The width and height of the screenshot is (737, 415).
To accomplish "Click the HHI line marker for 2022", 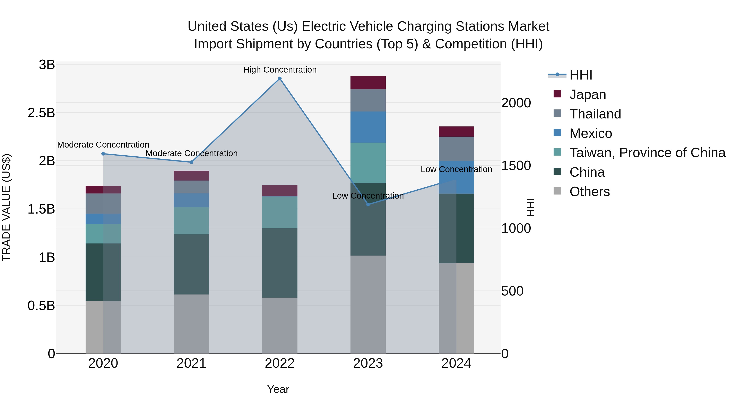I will click(280, 78).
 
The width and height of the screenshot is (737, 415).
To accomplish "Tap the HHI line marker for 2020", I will click(103, 154).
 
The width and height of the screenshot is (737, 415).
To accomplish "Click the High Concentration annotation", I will click(280, 70).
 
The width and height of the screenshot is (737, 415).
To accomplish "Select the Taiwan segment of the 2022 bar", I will click(280, 212).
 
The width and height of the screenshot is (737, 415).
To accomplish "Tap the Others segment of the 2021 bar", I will click(191, 324).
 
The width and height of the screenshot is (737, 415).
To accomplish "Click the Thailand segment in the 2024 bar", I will click(456, 149).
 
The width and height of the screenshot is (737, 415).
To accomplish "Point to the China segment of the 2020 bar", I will click(103, 272).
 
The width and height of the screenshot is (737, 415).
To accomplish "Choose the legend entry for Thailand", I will click(595, 114).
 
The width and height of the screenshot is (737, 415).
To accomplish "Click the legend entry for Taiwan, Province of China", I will click(647, 153).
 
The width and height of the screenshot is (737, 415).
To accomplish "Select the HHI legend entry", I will click(581, 75).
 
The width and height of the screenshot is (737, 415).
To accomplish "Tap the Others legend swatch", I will click(557, 191).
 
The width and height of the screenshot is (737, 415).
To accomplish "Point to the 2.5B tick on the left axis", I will click(41, 113).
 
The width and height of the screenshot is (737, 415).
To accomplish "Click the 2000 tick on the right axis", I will click(516, 103).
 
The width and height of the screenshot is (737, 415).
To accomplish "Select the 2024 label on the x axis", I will click(456, 363).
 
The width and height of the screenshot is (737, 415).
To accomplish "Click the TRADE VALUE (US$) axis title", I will click(7, 207).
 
